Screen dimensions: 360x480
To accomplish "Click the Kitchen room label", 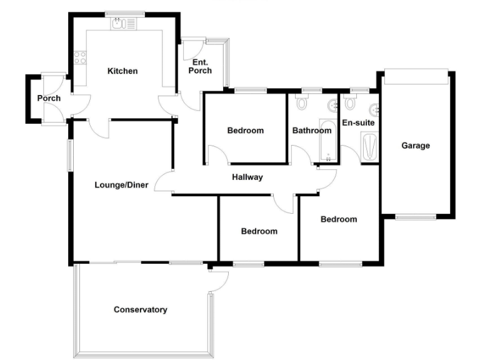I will [x=122, y=71].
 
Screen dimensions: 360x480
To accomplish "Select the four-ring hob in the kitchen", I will [x=81, y=58].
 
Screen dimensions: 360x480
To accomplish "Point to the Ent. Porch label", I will [x=201, y=66].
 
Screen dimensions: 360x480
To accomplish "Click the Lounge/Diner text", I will [x=121, y=185].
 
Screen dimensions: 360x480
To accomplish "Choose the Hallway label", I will [x=247, y=177].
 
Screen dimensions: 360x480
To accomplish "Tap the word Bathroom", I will [x=312, y=131].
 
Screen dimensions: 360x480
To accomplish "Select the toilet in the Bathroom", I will [x=303, y=102].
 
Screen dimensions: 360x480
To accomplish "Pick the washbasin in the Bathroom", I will [x=329, y=104].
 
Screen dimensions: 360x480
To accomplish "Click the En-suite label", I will [x=358, y=123].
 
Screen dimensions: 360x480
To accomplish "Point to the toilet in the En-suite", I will [x=349, y=102].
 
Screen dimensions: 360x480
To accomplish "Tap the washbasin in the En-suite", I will [x=374, y=110].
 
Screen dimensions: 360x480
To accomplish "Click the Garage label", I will [x=416, y=146].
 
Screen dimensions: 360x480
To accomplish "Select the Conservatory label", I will [x=141, y=309].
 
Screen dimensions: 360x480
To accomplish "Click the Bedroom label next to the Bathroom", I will [x=245, y=131].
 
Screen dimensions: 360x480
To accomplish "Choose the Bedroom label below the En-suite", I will [x=339, y=219].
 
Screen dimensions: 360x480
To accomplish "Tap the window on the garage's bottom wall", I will [x=416, y=217].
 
